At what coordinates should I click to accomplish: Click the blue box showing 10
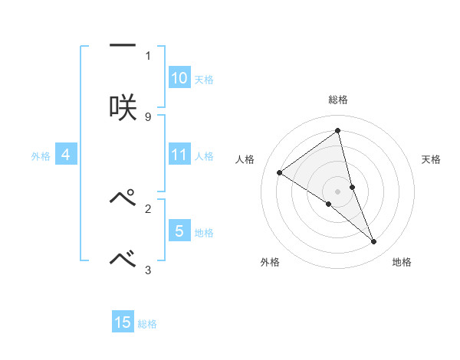[x=179, y=78]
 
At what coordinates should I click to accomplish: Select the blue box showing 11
[x=179, y=155]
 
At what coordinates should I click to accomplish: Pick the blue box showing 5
[x=179, y=231]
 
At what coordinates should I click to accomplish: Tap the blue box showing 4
[x=66, y=155]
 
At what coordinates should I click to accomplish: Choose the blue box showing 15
[x=123, y=322]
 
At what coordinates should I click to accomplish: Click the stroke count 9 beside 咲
[x=148, y=116]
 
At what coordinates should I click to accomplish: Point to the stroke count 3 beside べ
[x=148, y=270]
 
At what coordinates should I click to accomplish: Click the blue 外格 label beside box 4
[x=41, y=155]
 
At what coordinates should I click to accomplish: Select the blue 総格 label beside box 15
[x=147, y=324]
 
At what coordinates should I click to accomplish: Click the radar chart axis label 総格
[x=338, y=100]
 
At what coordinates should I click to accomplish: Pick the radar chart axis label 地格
[x=402, y=262]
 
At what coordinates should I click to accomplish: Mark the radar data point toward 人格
[x=280, y=173]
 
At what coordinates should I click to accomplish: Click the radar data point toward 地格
[x=374, y=242]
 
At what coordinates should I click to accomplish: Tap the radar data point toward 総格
[x=338, y=132]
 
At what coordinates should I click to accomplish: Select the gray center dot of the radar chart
[x=338, y=191]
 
